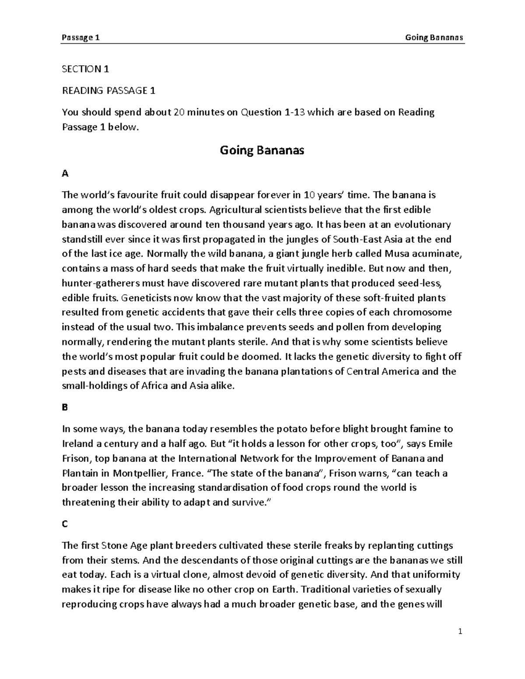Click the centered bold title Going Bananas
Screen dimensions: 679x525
(x=262, y=151)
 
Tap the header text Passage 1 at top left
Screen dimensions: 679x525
(x=81, y=38)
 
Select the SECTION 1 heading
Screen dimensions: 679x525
(x=85, y=69)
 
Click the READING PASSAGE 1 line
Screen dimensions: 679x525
(x=108, y=91)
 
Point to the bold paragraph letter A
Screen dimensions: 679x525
(x=66, y=174)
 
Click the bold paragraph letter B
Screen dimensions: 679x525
(x=65, y=407)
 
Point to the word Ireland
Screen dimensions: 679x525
(x=78, y=444)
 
